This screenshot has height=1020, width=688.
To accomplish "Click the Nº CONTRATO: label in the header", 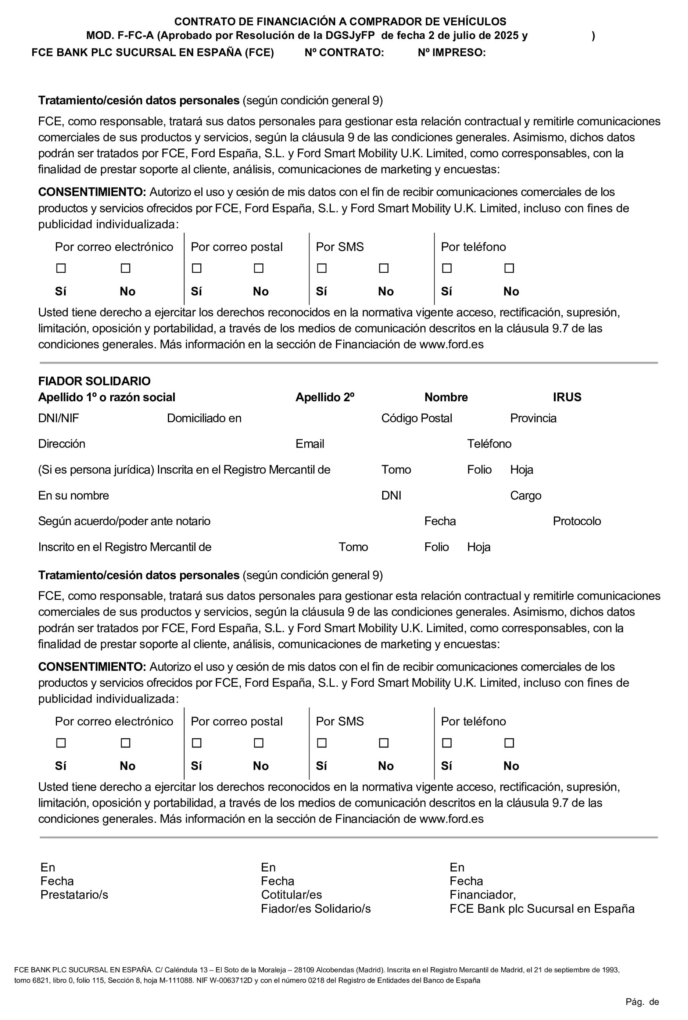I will point(344,53).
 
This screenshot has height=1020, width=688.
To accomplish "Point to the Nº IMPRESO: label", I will point(451,53).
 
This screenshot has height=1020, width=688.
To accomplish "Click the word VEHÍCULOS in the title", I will point(473,22).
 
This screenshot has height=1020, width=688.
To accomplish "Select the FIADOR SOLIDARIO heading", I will point(94,381).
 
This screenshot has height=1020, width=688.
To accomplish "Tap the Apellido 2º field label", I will point(325,397).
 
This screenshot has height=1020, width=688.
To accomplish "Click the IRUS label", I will point(567,397).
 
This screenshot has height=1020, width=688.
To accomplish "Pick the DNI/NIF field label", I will point(59,418).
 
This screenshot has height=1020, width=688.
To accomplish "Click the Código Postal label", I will point(416,418).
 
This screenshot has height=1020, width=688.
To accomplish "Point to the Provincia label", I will point(533,418).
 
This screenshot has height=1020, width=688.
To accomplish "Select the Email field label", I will point(310,443).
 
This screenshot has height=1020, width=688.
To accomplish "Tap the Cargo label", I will point(526,495).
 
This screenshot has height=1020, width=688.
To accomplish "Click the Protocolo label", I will point(577,521).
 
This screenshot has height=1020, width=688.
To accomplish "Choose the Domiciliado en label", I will point(204,418).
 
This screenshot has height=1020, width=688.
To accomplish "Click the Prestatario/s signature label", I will point(74,895).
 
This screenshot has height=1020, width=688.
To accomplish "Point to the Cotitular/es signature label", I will point(291,895).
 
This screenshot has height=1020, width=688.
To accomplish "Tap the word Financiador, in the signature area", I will point(483,895).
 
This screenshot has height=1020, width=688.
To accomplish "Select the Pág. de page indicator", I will point(642,1002).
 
